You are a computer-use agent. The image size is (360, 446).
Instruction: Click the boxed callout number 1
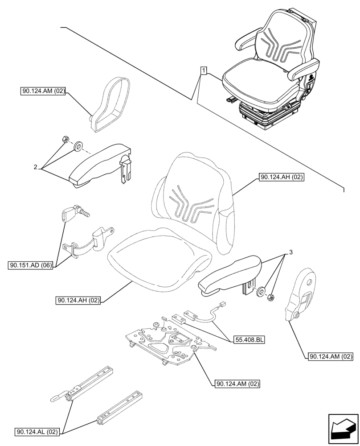pyautogui.click(x=203, y=70)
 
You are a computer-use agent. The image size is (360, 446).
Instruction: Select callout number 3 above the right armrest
pyautogui.click(x=290, y=252)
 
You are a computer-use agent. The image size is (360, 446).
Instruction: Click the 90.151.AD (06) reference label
pyautogui.click(x=30, y=266)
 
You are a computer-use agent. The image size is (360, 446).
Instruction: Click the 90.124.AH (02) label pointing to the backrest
pyautogui.click(x=281, y=178)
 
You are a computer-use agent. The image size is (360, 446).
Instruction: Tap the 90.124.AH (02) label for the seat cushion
pyautogui.click(x=78, y=301)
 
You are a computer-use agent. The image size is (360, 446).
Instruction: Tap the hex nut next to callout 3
pyautogui.click(x=270, y=297)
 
